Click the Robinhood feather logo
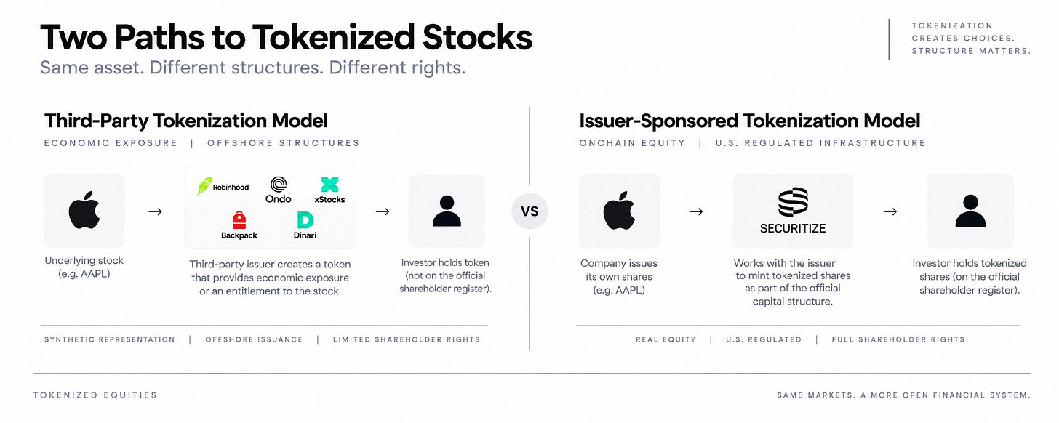pyautogui.click(x=204, y=186)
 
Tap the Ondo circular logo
pyautogui.click(x=279, y=184)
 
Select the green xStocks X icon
pyautogui.click(x=329, y=185)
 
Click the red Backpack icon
pyautogui.click(x=239, y=219)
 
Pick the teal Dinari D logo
pyautogui.click(x=305, y=219)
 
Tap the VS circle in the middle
pyautogui.click(x=529, y=211)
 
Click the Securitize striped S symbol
pyautogui.click(x=793, y=202)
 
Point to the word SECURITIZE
pyautogui.click(x=793, y=228)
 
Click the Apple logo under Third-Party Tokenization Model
pyautogui.click(x=84, y=210)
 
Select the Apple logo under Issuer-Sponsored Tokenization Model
pyautogui.click(x=619, y=210)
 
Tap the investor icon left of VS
pyautogui.click(x=447, y=211)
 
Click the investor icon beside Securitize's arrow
pyautogui.click(x=970, y=211)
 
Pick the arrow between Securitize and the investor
pyautogui.click(x=890, y=211)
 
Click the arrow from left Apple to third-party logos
pyautogui.click(x=155, y=211)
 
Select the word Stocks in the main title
pyautogui.click(x=477, y=37)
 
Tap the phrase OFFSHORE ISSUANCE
pyautogui.click(x=254, y=339)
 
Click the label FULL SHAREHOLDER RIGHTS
pyautogui.click(x=898, y=339)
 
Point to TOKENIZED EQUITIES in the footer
pyautogui.click(x=95, y=395)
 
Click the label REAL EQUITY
pyautogui.click(x=666, y=339)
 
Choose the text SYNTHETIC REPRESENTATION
pyautogui.click(x=110, y=339)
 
